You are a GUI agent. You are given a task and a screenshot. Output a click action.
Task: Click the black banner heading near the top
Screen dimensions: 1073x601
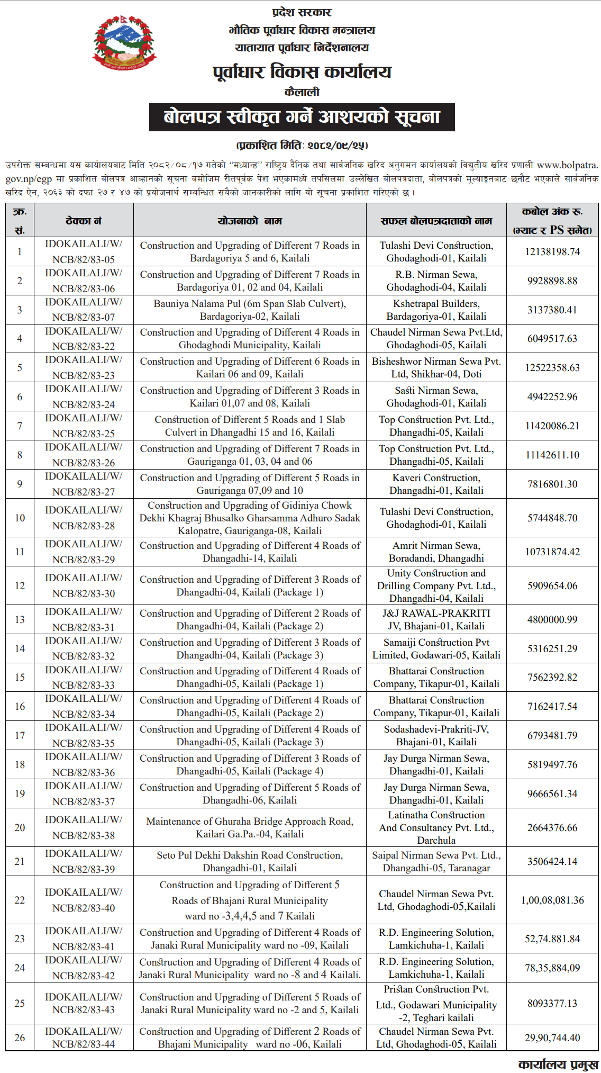click(302, 117)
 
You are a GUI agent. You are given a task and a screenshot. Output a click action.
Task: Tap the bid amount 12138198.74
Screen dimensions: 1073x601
click(552, 251)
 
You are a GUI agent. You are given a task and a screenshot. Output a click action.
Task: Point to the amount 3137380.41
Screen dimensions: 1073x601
click(552, 310)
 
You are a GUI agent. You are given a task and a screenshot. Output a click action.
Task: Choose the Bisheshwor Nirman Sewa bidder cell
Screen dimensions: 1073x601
click(436, 367)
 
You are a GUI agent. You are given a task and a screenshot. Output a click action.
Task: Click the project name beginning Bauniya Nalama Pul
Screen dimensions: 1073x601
click(250, 310)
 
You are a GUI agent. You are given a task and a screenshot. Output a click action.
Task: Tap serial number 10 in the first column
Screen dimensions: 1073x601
click(20, 518)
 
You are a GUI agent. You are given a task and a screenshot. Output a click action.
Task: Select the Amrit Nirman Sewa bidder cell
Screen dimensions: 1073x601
click(436, 552)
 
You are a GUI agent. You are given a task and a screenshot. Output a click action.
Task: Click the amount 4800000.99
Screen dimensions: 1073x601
click(552, 619)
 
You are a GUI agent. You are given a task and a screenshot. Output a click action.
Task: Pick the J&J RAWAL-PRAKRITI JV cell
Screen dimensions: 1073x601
click(436, 619)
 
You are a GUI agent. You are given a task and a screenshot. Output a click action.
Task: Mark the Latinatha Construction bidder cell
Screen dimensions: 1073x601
click(436, 827)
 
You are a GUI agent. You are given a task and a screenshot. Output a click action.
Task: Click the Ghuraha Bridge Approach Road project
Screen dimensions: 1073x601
click(250, 827)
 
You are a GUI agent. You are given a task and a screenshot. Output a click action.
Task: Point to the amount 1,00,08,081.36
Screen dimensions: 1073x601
click(552, 900)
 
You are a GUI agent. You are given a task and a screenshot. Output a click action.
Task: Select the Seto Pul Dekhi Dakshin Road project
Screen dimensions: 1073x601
click(250, 861)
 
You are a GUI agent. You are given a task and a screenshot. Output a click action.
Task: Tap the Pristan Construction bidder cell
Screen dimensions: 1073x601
click(436, 1003)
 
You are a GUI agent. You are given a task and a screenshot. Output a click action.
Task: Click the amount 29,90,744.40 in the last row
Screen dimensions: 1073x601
click(552, 1038)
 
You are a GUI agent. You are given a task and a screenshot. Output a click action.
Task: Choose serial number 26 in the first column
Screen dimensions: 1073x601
click(20, 1038)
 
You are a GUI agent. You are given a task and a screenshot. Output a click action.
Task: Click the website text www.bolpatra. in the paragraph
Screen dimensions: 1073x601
click(567, 165)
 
